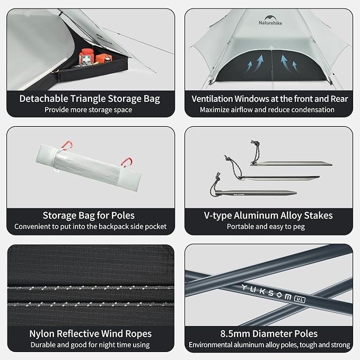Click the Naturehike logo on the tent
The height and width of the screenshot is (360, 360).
[270, 20]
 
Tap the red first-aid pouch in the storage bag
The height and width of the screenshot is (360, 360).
[86, 56]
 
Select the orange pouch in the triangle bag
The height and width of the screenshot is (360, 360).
[104, 58]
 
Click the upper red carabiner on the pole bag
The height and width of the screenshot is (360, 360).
[67, 146]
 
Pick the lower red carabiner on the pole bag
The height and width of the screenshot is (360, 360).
[127, 162]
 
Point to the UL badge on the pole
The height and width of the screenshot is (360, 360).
[300, 299]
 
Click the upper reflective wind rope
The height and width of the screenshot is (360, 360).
[91, 288]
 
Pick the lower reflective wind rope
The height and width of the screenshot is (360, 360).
[91, 304]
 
